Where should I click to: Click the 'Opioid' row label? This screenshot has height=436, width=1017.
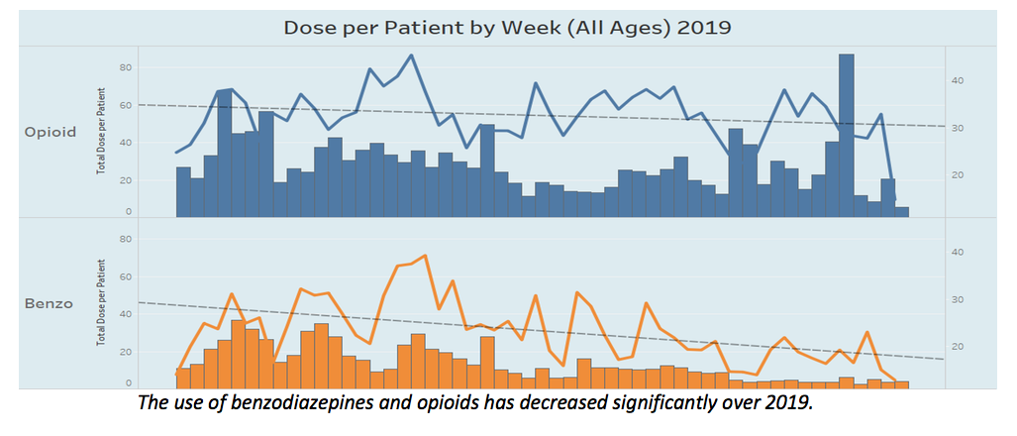(x=50, y=133)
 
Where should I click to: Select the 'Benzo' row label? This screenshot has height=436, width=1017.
(x=48, y=303)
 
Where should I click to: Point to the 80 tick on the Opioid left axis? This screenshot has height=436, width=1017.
(x=126, y=67)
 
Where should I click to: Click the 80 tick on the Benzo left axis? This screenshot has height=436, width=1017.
(x=126, y=239)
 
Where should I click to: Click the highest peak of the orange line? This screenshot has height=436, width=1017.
(x=425, y=256)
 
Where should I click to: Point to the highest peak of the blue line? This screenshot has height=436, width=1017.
(x=412, y=55)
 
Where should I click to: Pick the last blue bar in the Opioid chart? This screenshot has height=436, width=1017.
(x=902, y=212)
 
